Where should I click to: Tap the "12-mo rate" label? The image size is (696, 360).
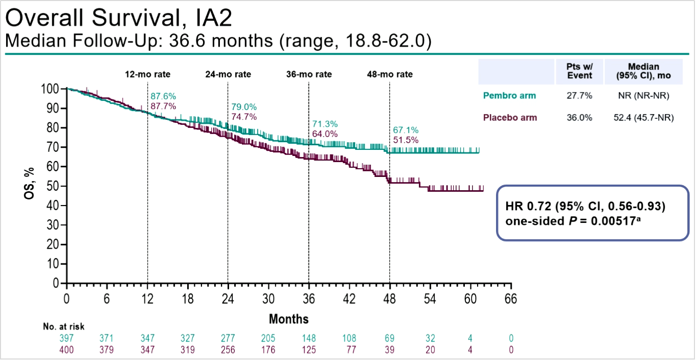pyautogui.click(x=148, y=74)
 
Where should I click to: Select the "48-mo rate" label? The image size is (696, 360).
pyautogui.click(x=390, y=74)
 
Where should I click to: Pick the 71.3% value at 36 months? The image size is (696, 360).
pyautogui.click(x=325, y=124)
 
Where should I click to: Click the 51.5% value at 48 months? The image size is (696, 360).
pyautogui.click(x=406, y=140)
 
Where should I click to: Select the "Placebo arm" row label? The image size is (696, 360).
pyautogui.click(x=510, y=118)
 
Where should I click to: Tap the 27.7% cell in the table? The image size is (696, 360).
pyautogui.click(x=579, y=95)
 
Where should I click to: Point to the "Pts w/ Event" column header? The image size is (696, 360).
pyautogui.click(x=579, y=71)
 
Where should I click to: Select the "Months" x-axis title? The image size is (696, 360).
pyautogui.click(x=289, y=319)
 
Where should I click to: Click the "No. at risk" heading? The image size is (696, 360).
pyautogui.click(x=64, y=326)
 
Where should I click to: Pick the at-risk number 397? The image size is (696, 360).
pyautogui.click(x=66, y=339)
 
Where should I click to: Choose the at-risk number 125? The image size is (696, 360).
pyautogui.click(x=309, y=350)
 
